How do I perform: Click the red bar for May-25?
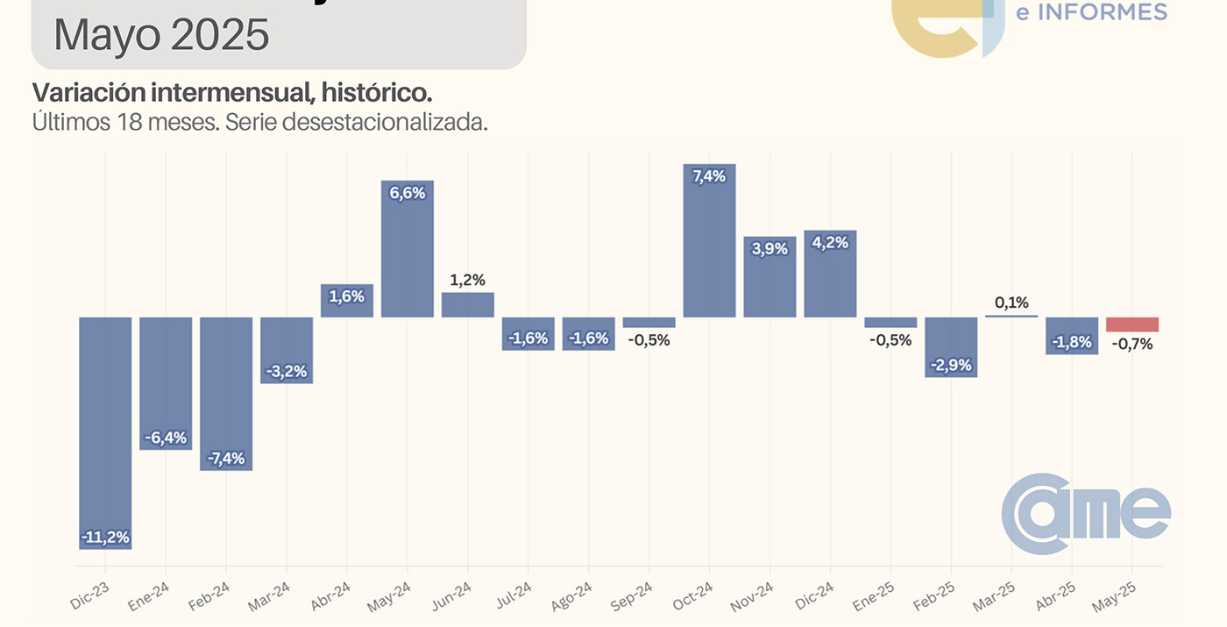click(x=1132, y=324)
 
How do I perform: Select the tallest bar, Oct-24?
click(x=709, y=241)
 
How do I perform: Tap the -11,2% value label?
click(x=105, y=537)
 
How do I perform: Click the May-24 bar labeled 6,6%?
click(x=408, y=250)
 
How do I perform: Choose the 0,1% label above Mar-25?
click(x=1011, y=303)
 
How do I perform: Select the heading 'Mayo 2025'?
click(x=161, y=35)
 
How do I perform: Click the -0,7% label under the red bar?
click(x=1132, y=344)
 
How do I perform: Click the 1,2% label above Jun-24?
click(x=468, y=280)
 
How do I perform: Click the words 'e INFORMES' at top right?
click(x=1090, y=11)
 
